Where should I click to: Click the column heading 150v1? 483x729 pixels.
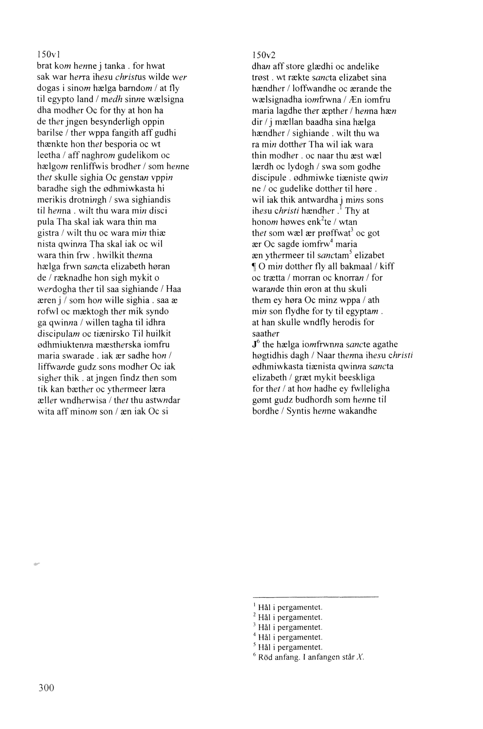tap(48, 55)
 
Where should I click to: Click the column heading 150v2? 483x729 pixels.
tap(264, 55)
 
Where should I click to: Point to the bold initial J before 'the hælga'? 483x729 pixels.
tap(254, 345)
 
